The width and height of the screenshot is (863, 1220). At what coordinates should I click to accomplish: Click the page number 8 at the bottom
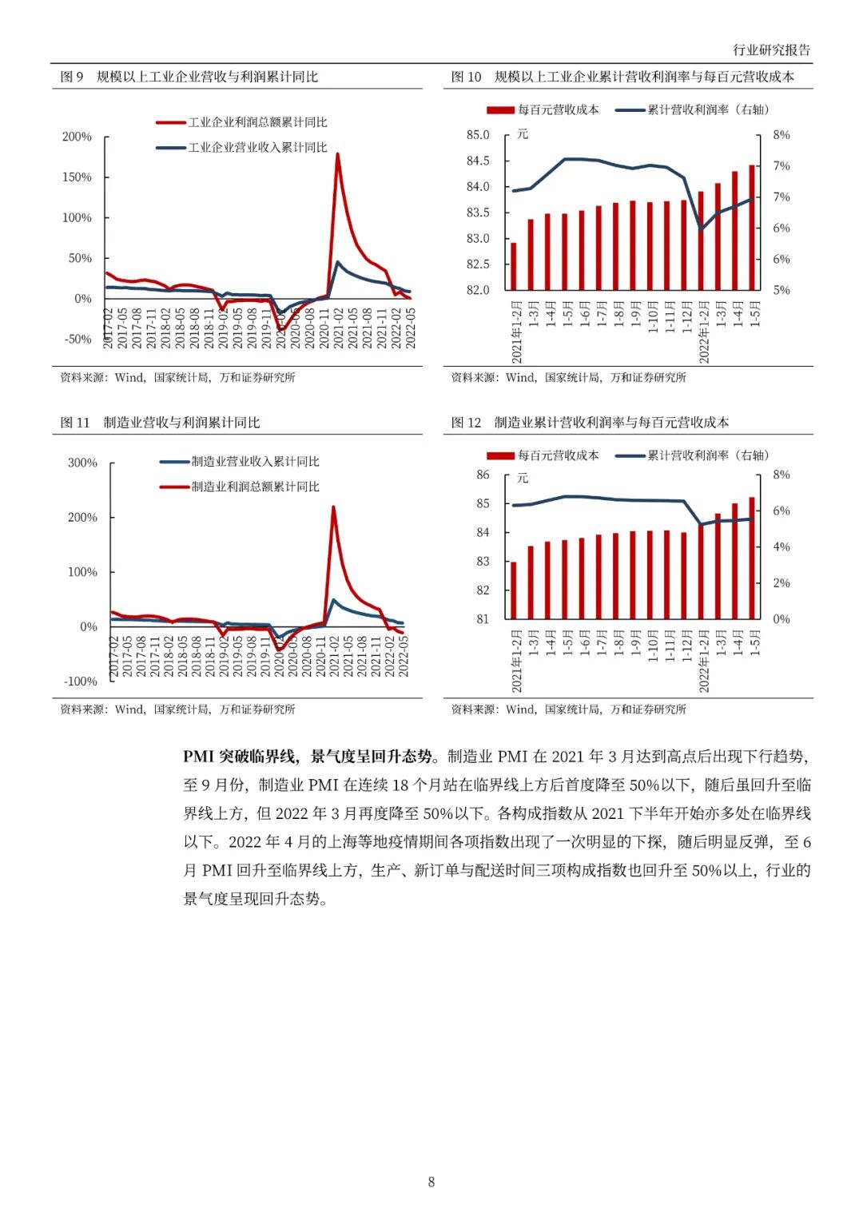431,1182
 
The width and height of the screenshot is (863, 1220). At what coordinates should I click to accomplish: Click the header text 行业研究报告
771,50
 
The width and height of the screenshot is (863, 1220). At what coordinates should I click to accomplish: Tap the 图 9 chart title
189,77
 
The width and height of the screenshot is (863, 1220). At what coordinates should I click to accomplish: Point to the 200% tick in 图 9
77,137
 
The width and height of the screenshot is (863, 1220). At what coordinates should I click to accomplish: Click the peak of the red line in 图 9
337,154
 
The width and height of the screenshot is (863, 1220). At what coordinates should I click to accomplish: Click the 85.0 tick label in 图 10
478,135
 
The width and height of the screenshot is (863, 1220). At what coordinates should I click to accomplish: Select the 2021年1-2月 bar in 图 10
514,266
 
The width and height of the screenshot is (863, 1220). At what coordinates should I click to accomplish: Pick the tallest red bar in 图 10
752,228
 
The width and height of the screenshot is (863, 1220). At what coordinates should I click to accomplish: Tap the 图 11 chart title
161,423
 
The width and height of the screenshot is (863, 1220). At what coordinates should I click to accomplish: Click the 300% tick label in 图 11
82,463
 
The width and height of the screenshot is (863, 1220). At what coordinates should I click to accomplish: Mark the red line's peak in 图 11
333,507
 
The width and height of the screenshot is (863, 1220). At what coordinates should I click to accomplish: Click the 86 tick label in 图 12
483,475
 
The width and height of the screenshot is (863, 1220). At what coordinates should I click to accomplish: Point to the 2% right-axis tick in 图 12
781,583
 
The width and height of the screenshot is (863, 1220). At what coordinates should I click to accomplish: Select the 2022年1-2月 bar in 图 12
701,570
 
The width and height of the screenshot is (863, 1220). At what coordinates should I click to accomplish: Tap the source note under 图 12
568,709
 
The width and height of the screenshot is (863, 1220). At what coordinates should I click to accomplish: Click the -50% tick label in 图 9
78,340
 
